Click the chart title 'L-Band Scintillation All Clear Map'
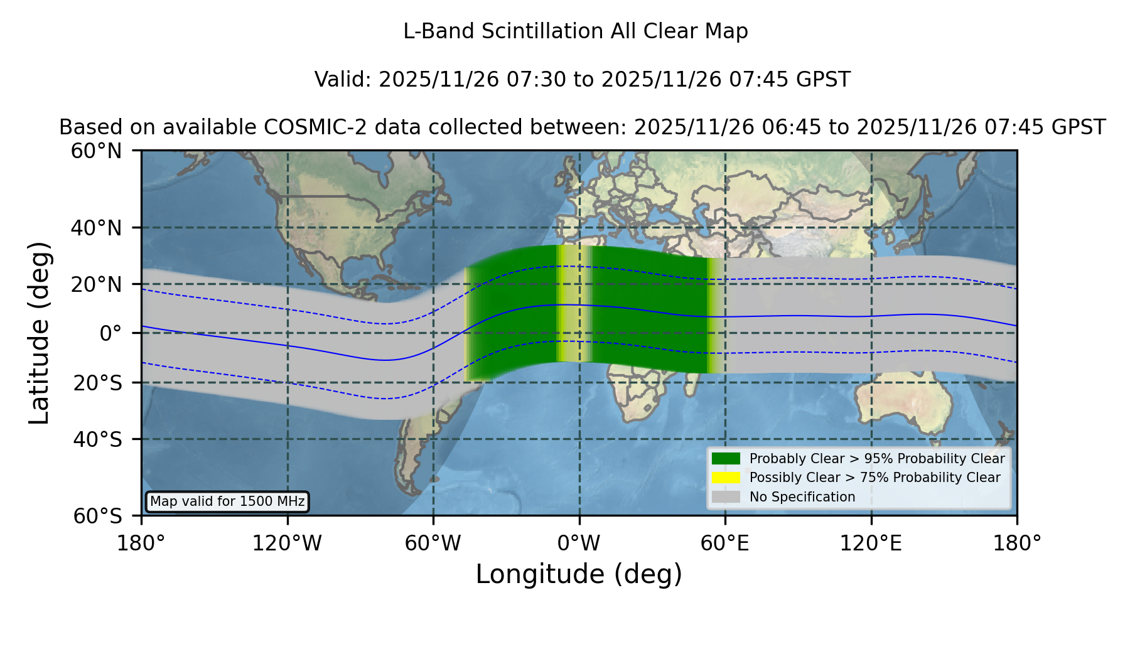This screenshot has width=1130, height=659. click(575, 31)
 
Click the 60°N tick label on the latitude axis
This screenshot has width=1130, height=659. click(96, 151)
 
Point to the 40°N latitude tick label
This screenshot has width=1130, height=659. click(96, 228)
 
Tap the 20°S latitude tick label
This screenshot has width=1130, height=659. click(97, 383)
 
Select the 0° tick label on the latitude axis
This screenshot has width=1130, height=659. click(110, 333)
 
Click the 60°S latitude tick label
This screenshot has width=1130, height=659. click(97, 516)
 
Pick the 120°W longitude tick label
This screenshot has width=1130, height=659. click(287, 544)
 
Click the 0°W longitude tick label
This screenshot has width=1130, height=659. click(579, 544)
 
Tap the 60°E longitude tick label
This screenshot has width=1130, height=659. click(725, 544)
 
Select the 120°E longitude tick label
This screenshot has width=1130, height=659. click(871, 544)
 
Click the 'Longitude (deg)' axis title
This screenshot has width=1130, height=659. click(579, 574)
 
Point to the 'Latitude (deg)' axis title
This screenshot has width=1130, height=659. click(39, 333)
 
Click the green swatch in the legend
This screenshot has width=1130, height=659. click(726, 459)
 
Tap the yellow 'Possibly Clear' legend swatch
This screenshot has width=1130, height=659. click(726, 478)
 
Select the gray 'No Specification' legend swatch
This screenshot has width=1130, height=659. click(726, 497)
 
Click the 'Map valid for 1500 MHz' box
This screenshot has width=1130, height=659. click(227, 501)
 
